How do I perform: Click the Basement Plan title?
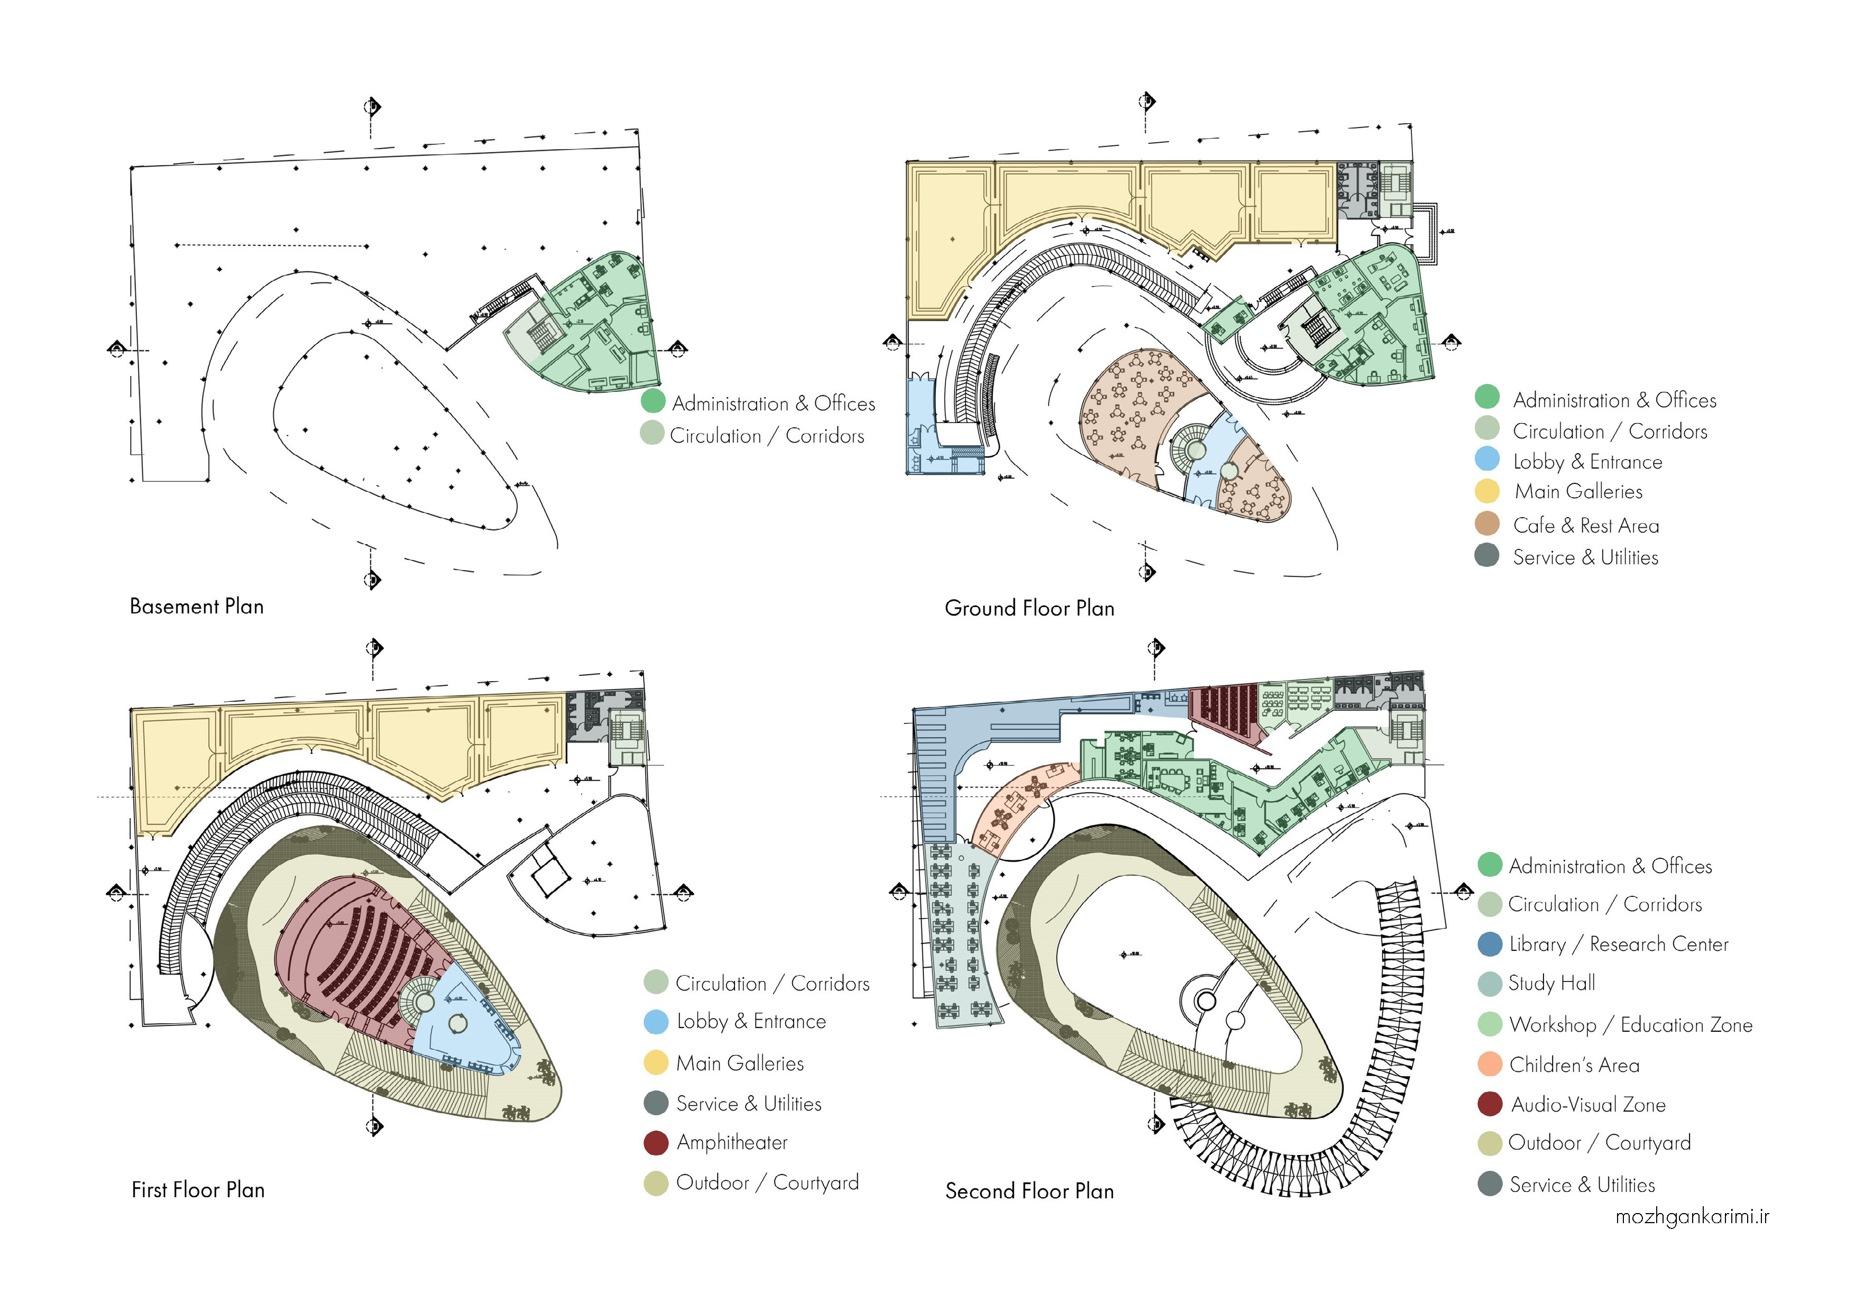(x=196, y=607)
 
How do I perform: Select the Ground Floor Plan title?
(x=1030, y=608)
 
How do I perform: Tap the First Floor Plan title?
(x=198, y=1190)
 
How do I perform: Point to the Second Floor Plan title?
(x=1030, y=1191)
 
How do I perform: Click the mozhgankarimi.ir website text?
(x=1692, y=1217)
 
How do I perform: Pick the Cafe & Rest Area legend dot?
(x=1486, y=524)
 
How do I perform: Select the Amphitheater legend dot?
(x=655, y=1142)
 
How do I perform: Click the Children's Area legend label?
(x=1574, y=1065)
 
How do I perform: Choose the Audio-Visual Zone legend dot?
(x=1489, y=1104)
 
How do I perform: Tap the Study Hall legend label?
(x=1551, y=983)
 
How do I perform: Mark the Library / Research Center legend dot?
(x=1489, y=943)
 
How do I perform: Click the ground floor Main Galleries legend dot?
(x=1486, y=491)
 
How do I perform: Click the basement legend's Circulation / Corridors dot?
(x=652, y=433)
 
